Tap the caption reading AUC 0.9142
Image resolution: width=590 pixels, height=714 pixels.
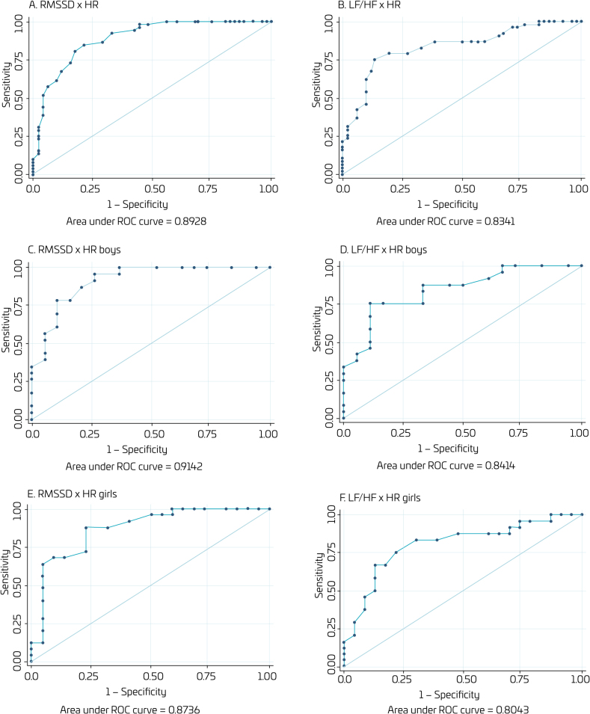(x=151, y=466)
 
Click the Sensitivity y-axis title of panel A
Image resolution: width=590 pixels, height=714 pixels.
(x=6, y=87)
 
